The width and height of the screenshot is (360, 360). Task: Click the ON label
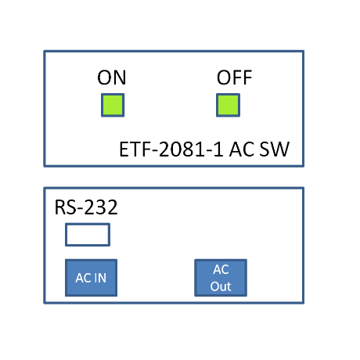pos(112,77)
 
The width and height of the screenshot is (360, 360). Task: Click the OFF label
pos(234,77)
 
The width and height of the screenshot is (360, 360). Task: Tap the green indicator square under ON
pos(113,105)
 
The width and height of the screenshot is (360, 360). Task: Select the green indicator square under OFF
pos(228,105)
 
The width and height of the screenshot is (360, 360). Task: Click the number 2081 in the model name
pos(182,149)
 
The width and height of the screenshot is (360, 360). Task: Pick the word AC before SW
pos(242,149)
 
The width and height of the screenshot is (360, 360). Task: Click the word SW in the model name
pos(275,149)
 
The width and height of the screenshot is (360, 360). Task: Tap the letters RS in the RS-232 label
pos(66,207)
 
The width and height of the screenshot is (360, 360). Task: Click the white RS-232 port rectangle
pos(88,235)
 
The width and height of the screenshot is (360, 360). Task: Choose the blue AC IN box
pos(91,278)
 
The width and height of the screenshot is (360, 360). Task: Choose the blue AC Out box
pos(221,278)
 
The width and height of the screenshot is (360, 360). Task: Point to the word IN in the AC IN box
pos(101,278)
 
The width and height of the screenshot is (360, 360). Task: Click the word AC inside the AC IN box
pos(83,278)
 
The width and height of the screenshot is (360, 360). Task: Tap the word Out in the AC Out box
pos(221,286)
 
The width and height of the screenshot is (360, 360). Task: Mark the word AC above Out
pos(221,269)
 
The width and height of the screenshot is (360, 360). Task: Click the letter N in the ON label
pos(120,77)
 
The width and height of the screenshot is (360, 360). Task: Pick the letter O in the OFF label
pos(224,77)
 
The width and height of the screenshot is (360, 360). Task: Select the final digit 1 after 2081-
pos(219,149)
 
